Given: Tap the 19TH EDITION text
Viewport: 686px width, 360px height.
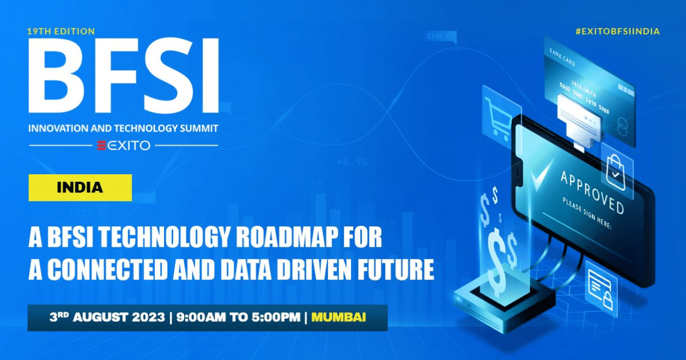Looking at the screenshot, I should (x=61, y=31).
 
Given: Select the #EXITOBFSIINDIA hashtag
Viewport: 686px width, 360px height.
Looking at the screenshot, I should (x=617, y=31).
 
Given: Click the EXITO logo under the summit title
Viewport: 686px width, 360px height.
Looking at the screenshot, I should (x=123, y=146).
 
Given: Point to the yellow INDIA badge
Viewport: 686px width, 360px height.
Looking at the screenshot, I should (x=80, y=187).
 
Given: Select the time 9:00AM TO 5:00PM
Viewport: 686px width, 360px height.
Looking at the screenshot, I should (x=236, y=316).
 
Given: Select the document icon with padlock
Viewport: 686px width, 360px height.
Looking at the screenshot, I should (x=600, y=289).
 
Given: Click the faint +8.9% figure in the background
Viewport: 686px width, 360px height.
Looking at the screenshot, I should (x=352, y=162).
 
